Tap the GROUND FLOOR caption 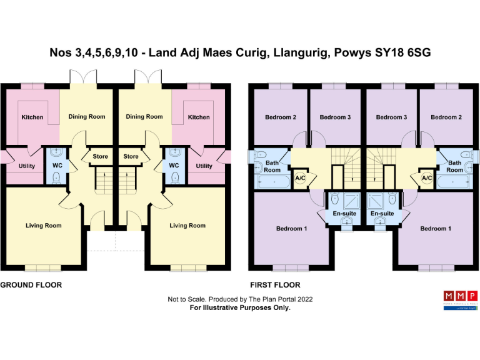pos(31,284)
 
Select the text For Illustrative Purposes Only pos(240,307)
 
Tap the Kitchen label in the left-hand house pos(32,117)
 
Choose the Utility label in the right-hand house pos(204,166)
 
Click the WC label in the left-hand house pos(57,166)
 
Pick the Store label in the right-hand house pos(131,156)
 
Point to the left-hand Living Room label pos(43,226)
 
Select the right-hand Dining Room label pos(144,116)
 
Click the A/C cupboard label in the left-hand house pos(299,177)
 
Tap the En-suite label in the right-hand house pos(382,214)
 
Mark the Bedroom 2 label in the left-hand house pos(281,117)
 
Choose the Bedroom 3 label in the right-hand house pos(392,117)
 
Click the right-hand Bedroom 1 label pos(433,229)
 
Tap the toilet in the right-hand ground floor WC pos(174,177)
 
